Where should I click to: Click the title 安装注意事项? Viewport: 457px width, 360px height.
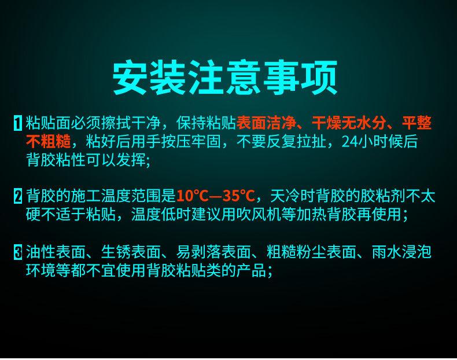(x=224, y=77)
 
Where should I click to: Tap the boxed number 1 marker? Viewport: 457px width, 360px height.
(x=18, y=123)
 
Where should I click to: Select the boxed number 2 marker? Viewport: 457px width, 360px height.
(x=18, y=196)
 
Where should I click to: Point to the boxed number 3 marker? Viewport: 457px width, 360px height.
(x=18, y=252)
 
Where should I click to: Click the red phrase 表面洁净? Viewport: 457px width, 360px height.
(x=266, y=123)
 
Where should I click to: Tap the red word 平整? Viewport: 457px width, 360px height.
(x=417, y=123)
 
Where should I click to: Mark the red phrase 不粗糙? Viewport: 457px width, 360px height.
(x=49, y=141)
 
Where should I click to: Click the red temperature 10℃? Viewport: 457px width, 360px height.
(x=193, y=196)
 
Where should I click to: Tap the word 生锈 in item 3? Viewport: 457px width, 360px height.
(x=116, y=252)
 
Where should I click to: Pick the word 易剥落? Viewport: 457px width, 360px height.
(x=199, y=252)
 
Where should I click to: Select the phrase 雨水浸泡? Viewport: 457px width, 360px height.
(x=401, y=252)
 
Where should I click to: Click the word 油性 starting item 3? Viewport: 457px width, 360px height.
(x=41, y=252)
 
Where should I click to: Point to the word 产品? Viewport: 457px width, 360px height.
(x=251, y=270)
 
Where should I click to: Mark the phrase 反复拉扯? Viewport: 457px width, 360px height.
(x=296, y=141)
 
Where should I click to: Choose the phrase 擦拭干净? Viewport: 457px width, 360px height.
(x=131, y=123)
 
